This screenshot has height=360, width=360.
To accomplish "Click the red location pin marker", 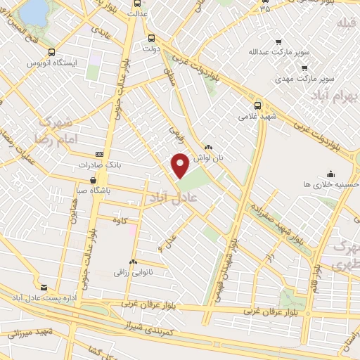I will (x=180, y=166).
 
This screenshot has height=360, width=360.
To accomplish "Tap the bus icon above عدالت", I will (x=136, y=2).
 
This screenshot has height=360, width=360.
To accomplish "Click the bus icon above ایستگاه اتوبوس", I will (x=51, y=52).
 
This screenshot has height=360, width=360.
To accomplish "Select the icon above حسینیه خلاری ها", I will (x=330, y=174).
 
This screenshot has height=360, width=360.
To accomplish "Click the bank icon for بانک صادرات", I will (x=99, y=153).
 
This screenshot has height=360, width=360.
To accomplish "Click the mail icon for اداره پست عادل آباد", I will (x=45, y=288).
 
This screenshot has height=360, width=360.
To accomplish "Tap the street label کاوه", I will (x=120, y=220).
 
